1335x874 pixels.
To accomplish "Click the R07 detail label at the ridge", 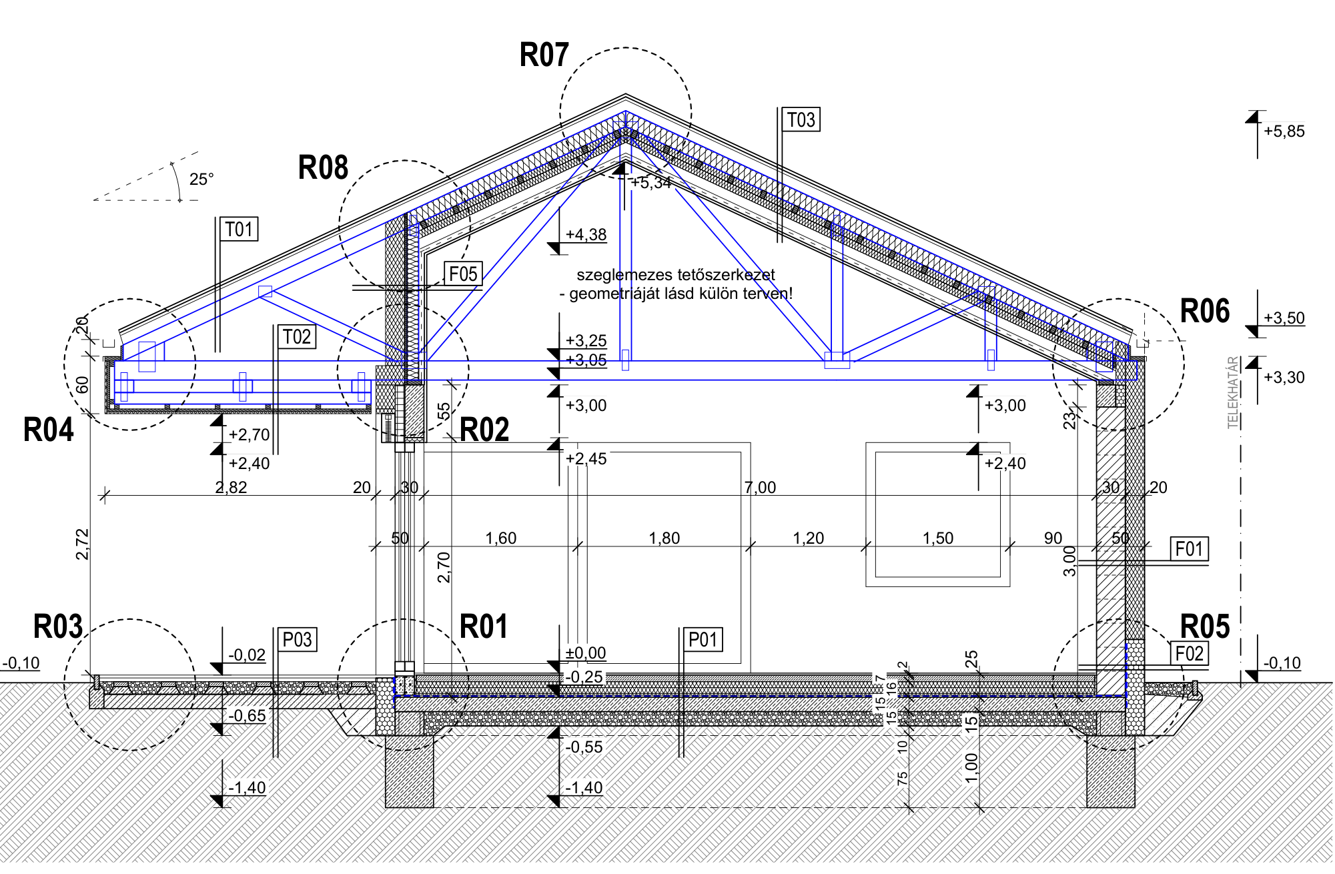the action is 544,55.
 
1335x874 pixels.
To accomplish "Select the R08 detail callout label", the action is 323,167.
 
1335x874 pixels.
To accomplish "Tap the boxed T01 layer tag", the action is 239,229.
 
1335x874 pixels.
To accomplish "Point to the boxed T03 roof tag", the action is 801,119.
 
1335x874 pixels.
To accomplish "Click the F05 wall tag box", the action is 463,274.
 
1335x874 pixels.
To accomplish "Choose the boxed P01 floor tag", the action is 703,640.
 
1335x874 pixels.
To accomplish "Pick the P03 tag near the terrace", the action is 297,640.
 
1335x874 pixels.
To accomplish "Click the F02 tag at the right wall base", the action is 1189,653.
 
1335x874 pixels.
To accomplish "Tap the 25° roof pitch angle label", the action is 201,179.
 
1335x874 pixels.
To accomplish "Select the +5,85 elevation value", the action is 1284,131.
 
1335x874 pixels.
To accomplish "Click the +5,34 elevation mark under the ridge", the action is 651,182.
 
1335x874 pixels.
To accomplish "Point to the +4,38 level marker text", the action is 586,234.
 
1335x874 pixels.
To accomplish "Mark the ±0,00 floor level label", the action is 586,652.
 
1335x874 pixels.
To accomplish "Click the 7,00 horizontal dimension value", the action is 761,487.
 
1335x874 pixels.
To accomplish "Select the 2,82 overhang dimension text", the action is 231,487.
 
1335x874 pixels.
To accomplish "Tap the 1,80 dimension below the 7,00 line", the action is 664,538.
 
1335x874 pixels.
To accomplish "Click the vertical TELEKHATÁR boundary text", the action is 1234,392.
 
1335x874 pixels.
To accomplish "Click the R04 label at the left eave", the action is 48,430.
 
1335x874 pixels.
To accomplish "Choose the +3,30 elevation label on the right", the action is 1284,377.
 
